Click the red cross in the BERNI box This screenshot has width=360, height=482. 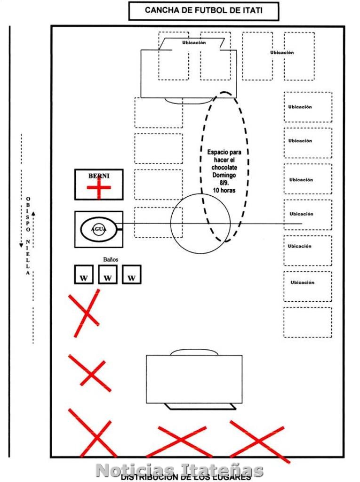[x=99, y=188]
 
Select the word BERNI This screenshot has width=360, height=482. [x=98, y=176]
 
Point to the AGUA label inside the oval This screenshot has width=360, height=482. [x=98, y=229]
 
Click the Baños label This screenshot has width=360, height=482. [x=111, y=259]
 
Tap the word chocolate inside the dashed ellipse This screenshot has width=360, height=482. [x=224, y=168]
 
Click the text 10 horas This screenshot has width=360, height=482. [x=224, y=190]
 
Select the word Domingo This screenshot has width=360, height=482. [x=224, y=175]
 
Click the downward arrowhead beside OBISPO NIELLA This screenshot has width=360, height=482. [x=22, y=244]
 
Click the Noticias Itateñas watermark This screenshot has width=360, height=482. [x=179, y=470]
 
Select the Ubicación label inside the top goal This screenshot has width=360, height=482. [x=194, y=43]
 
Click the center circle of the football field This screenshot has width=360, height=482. [x=200, y=224]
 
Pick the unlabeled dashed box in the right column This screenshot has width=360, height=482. [x=307, y=322]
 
